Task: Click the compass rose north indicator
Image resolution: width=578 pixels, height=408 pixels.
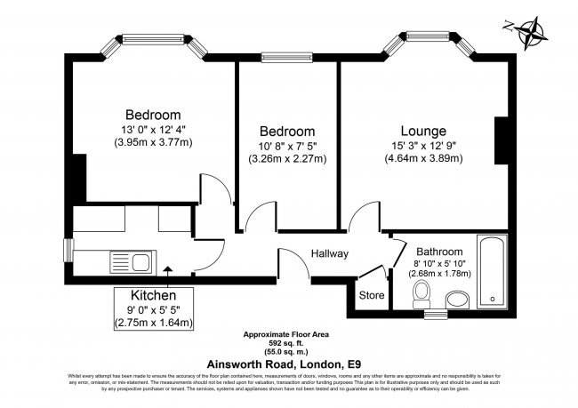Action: pos(533,32)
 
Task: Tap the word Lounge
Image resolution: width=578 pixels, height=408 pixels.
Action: pos(423,131)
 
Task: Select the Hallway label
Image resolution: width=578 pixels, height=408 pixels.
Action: pos(329,254)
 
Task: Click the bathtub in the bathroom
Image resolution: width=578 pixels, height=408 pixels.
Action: pos(491,271)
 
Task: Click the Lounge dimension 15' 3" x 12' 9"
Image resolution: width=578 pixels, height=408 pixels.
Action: pos(423,146)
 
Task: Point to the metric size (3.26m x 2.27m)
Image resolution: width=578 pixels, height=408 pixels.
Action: pos(287,160)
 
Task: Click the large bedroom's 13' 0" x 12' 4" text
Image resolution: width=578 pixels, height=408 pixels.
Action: pos(153,130)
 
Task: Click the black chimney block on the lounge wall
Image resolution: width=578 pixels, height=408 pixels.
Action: pos(502,141)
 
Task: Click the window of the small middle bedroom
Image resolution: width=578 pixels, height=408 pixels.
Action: pos(287,59)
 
